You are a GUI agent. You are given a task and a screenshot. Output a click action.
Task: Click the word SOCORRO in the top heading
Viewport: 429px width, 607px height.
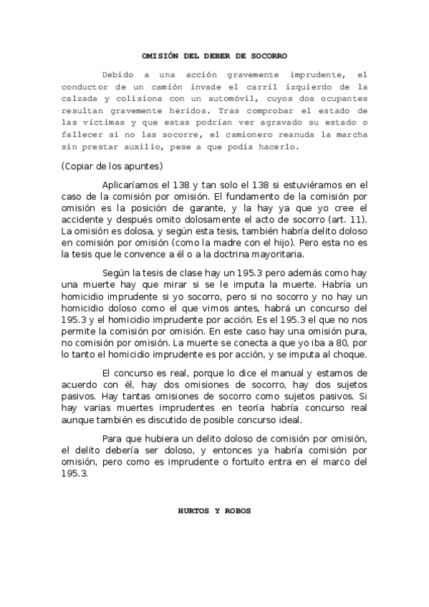pyautogui.click(x=268, y=54)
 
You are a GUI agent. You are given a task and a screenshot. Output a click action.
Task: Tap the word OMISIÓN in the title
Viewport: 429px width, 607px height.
pyautogui.click(x=157, y=54)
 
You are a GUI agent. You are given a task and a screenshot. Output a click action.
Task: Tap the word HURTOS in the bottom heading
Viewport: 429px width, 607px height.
pyautogui.click(x=192, y=513)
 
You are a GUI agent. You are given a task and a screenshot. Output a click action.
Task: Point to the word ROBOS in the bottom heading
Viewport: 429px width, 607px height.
pyautogui.click(x=237, y=513)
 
